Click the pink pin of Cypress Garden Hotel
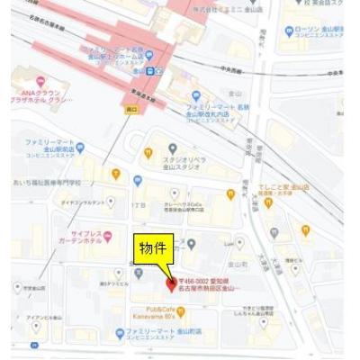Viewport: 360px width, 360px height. click(x=106, y=236)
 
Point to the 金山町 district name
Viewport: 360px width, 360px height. click(x=237, y=265)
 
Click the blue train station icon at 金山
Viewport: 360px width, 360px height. click(x=158, y=71)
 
